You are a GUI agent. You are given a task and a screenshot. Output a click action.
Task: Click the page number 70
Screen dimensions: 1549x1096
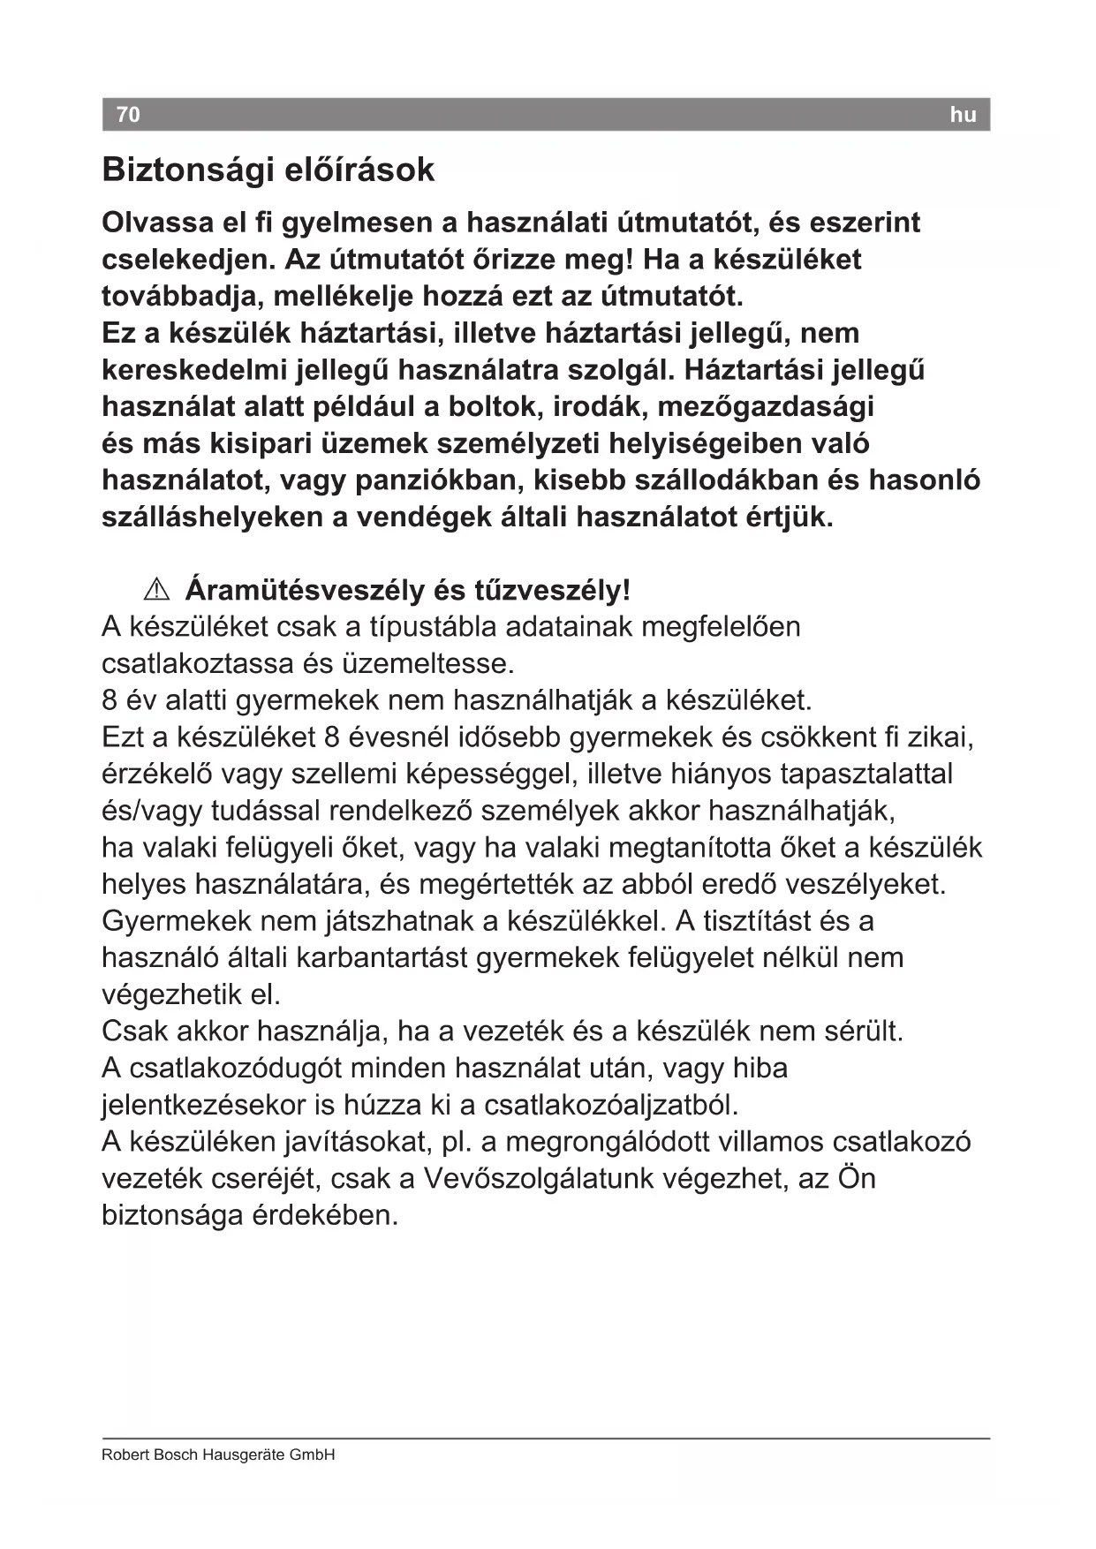[128, 115]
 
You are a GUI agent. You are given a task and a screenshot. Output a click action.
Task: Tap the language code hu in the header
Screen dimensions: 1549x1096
[963, 115]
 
